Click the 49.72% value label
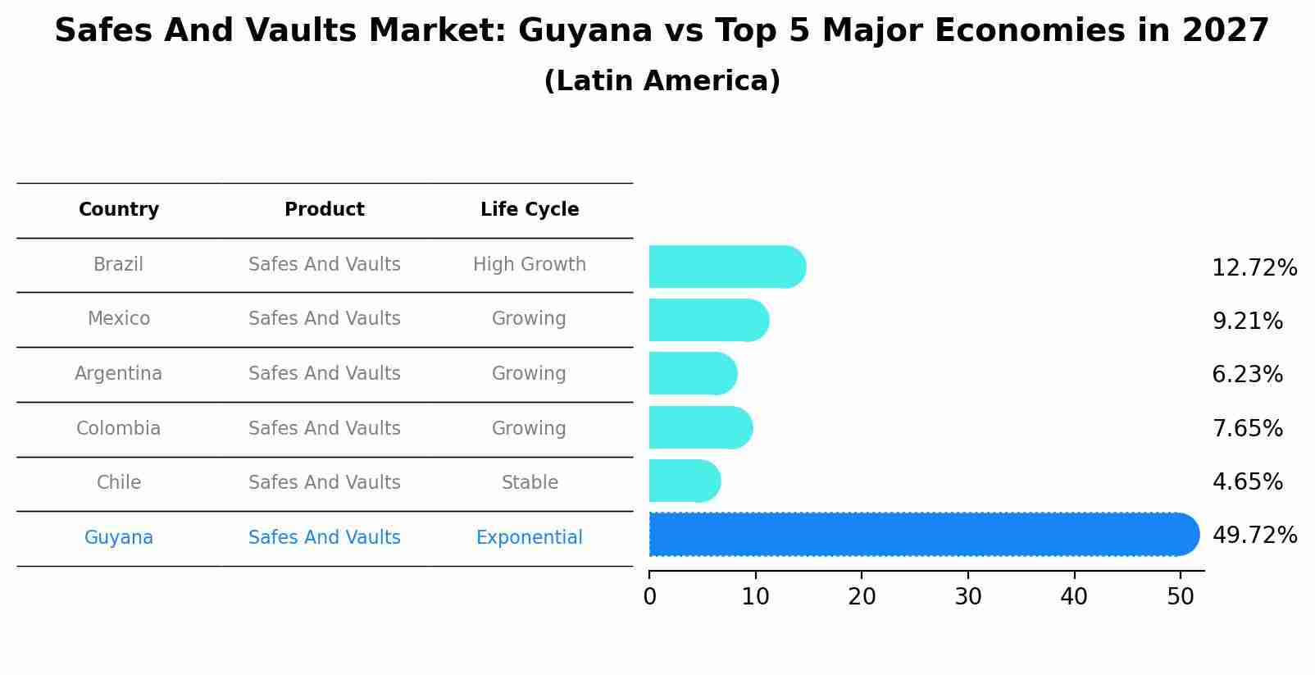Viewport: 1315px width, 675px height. [1254, 536]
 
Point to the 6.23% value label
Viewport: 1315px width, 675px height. [1246, 375]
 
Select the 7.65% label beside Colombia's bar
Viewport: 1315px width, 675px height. [1246, 428]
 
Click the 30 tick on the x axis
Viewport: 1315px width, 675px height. [967, 597]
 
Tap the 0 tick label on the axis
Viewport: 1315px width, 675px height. [649, 597]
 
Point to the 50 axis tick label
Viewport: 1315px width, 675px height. [1180, 597]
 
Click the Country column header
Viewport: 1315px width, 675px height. [119, 210]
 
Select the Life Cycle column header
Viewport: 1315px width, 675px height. [529, 210]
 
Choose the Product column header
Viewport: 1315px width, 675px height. [324, 210]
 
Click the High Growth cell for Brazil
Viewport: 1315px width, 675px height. [529, 265]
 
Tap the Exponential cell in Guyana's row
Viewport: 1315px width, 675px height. [529, 538]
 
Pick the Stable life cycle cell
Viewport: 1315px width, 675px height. [529, 483]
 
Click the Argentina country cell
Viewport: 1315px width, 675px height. [119, 374]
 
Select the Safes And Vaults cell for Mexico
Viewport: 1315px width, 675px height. [324, 319]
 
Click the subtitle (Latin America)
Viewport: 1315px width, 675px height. [662, 81]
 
